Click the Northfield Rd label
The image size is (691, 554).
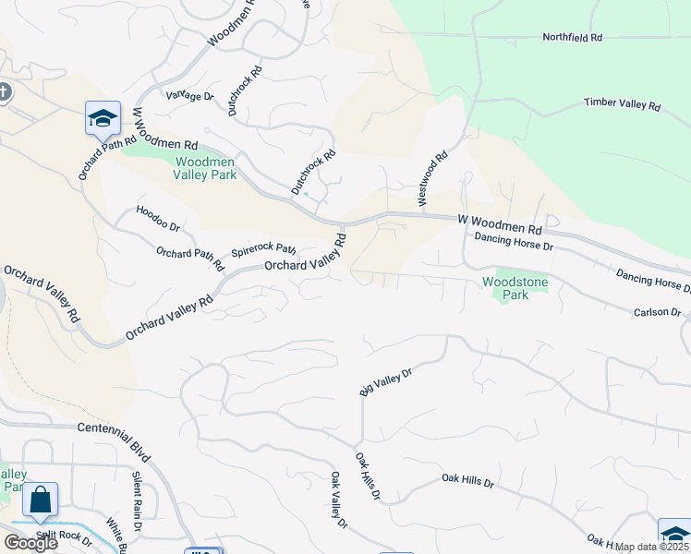point(571,38)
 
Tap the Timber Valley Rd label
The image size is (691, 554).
point(622,104)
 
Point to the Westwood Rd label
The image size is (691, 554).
point(431,178)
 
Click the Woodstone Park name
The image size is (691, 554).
point(508,290)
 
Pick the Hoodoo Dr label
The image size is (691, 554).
point(158,219)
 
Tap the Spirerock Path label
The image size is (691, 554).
point(263,250)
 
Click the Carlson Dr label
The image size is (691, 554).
point(657,312)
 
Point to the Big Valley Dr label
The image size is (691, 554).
point(384,380)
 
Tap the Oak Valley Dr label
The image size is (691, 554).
point(338,500)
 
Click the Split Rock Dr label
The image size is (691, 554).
point(64,536)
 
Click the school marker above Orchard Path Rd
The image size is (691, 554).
point(103,117)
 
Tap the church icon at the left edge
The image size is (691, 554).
point(4,91)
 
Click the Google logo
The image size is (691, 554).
point(30,543)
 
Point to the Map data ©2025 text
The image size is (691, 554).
point(651,547)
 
